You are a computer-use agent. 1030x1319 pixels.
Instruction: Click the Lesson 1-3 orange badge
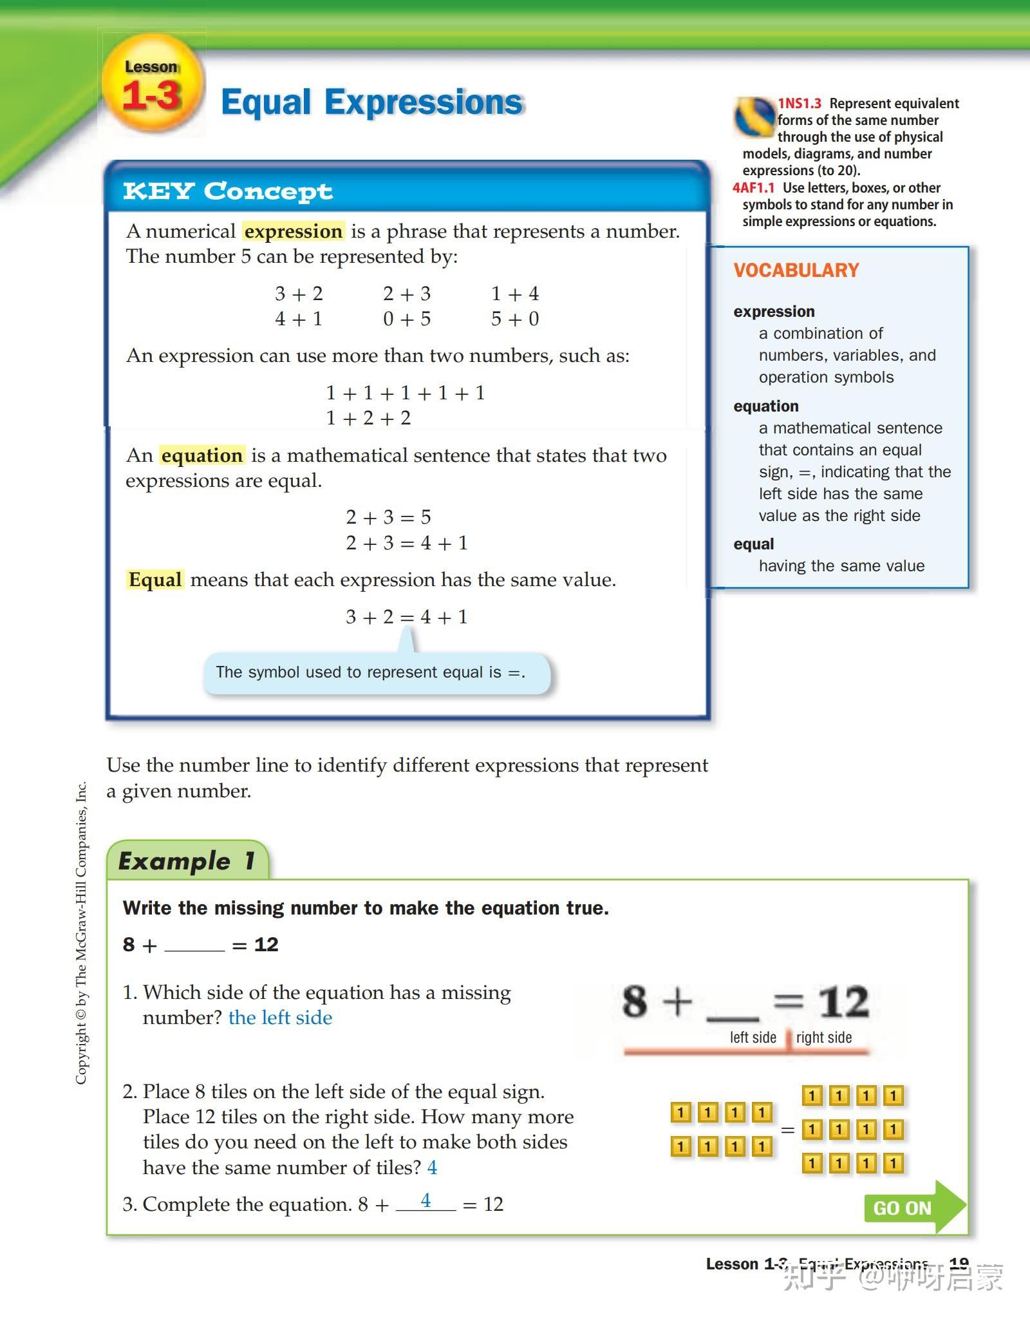[x=153, y=84]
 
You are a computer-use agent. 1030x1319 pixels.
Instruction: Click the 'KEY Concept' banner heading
[x=228, y=191]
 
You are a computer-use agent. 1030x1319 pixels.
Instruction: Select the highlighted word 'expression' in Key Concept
[x=294, y=231]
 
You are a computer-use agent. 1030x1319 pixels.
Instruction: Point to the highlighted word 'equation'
[x=202, y=455]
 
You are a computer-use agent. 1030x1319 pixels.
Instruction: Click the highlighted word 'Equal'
[x=155, y=580]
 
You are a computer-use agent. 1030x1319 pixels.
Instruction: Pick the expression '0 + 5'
[x=407, y=319]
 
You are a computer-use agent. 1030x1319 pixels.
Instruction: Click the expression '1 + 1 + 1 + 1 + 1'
[x=406, y=393]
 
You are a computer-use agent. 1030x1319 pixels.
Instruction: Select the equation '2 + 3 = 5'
[x=388, y=517]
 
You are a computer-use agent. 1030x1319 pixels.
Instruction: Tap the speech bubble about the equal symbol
[x=377, y=673]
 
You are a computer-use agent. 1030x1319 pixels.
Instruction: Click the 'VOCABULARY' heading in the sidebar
[x=796, y=270]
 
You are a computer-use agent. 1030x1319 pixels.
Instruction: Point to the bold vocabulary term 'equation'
[x=766, y=406]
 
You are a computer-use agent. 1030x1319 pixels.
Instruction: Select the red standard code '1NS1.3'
[x=800, y=104]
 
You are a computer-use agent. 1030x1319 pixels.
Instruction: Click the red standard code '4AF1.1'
[x=753, y=188]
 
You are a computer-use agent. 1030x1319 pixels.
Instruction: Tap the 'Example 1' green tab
[x=187, y=861]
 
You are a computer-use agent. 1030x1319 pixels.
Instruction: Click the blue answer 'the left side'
[x=280, y=1018]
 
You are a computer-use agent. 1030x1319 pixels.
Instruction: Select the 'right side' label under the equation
[x=823, y=1038]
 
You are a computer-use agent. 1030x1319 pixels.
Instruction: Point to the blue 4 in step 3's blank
[x=426, y=1200]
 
